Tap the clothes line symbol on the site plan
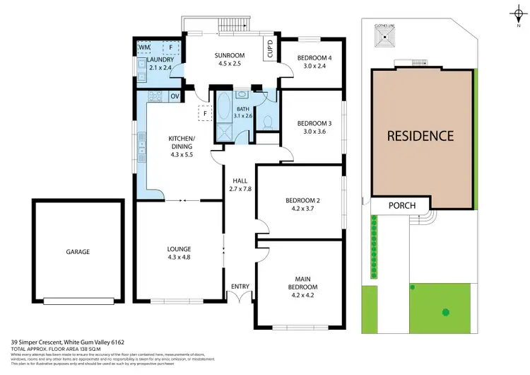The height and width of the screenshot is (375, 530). pyautogui.click(x=382, y=39)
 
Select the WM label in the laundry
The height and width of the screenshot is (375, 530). pyautogui.click(x=145, y=47)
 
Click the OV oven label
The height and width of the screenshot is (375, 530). pyautogui.click(x=174, y=96)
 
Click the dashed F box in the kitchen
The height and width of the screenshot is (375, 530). pyautogui.click(x=205, y=112)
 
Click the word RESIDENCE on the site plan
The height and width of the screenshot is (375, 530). pyautogui.click(x=420, y=136)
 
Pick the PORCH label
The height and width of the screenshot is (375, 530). pyautogui.click(x=402, y=206)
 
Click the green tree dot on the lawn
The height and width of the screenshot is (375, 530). pyautogui.click(x=446, y=311)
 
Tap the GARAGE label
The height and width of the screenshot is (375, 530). pyautogui.click(x=78, y=251)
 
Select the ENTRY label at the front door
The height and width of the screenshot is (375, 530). pyautogui.click(x=240, y=287)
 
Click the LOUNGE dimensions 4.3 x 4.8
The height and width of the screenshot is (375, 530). pyautogui.click(x=179, y=257)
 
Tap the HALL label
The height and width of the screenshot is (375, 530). pyautogui.click(x=237, y=181)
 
